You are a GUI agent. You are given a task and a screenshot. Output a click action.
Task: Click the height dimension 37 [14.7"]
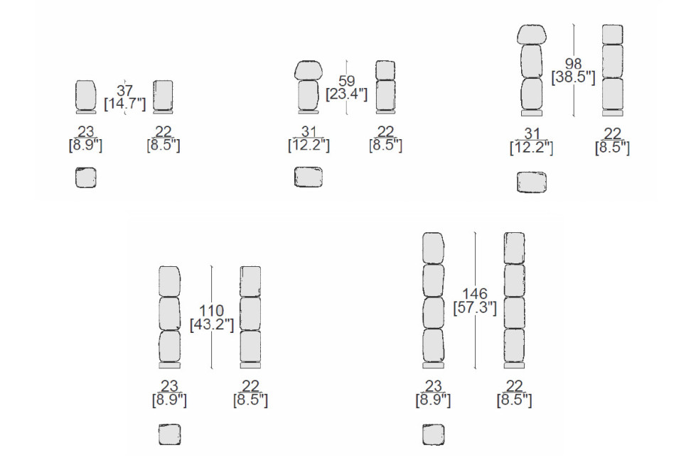coord(124,98)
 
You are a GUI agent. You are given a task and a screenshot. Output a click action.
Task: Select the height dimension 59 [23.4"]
coord(346,87)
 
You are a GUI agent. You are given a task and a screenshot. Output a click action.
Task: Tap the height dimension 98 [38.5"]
coord(573,70)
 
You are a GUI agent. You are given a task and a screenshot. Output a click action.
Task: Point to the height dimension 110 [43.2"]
coord(212,318)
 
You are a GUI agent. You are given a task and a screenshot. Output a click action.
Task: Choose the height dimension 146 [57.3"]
coord(475,301)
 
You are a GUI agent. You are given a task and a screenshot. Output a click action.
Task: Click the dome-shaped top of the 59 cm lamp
coord(309,70)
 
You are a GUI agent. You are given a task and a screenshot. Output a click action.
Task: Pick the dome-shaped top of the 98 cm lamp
coord(532,34)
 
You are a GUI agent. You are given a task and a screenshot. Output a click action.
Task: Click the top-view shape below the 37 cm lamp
coord(85,177)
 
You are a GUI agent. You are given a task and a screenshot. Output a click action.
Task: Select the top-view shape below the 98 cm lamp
coord(532,182)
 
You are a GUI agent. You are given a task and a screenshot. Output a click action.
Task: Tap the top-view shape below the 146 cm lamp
coord(433,434)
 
